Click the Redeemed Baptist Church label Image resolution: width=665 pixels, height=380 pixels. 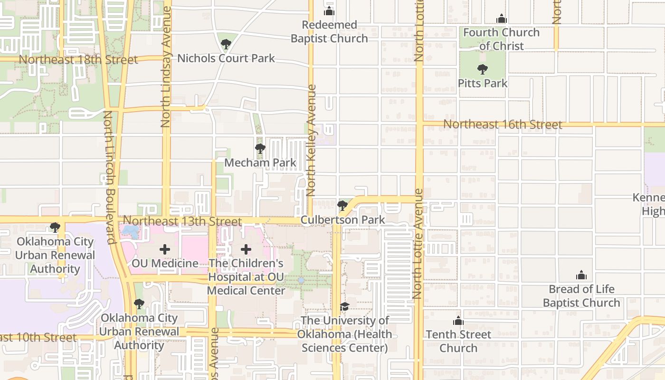[x=329, y=32]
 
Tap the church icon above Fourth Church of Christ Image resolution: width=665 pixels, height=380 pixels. [x=502, y=19]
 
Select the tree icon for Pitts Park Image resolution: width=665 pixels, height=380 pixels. [x=483, y=69]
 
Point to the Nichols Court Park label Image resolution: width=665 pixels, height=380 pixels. [x=226, y=58]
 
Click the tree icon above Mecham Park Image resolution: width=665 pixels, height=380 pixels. [x=260, y=149]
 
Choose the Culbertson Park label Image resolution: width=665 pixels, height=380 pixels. [x=342, y=220]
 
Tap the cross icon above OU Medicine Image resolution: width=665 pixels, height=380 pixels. [x=165, y=249]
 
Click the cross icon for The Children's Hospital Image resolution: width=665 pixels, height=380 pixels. [x=246, y=249]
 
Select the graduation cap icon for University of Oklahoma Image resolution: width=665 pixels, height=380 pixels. [x=344, y=307]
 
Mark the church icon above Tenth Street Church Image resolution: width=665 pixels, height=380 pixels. [x=458, y=321]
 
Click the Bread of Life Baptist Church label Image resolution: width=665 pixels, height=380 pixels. [x=581, y=296]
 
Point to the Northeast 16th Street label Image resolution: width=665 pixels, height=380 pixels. [x=503, y=124]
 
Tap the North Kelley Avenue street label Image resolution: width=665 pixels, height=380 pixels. [x=312, y=141]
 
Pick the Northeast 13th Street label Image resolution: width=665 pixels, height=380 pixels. [x=182, y=221]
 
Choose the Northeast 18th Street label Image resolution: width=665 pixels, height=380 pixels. [x=78, y=60]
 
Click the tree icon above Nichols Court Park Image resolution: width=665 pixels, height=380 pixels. [x=226, y=45]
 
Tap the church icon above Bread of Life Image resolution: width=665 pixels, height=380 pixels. [x=581, y=275]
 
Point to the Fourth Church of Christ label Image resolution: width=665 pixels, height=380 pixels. [x=502, y=39]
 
